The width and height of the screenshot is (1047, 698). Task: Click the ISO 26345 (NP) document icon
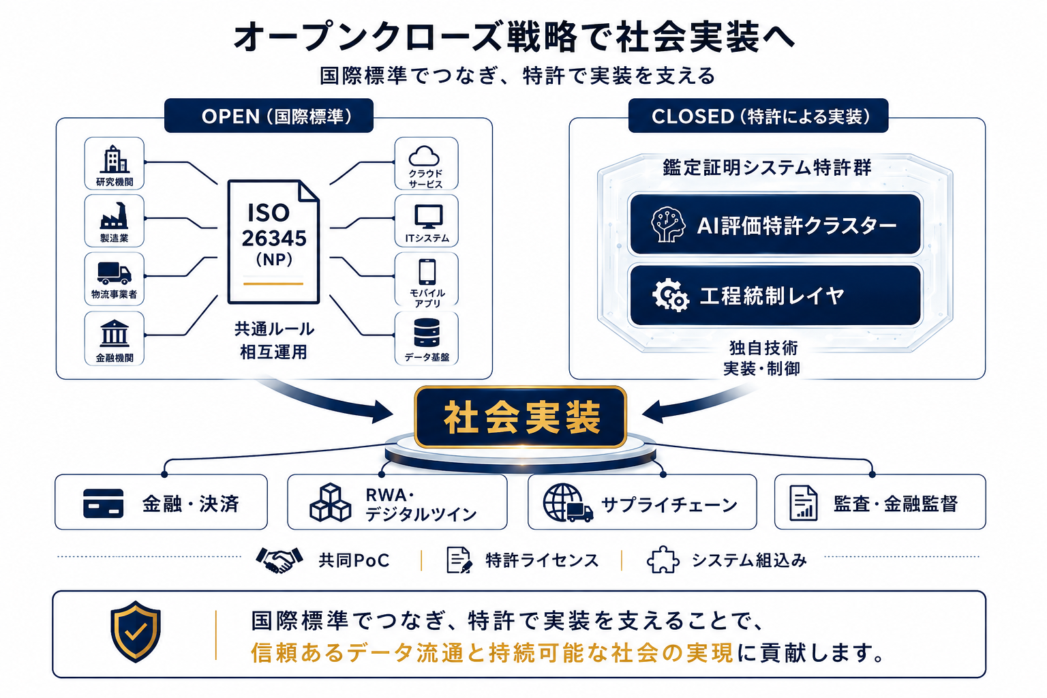pyautogui.click(x=273, y=242)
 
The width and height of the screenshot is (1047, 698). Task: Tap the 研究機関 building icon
pyautogui.click(x=114, y=159)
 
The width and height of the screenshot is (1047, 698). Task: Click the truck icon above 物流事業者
pyautogui.click(x=114, y=273)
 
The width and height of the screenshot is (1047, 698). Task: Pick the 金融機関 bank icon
pyautogui.click(x=114, y=333)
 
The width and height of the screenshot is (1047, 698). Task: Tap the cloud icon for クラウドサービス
pyautogui.click(x=424, y=156)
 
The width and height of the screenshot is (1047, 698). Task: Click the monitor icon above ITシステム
pyautogui.click(x=428, y=217)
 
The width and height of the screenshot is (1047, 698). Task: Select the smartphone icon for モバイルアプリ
pyautogui.click(x=427, y=271)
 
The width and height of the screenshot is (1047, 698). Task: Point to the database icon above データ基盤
pyautogui.click(x=427, y=333)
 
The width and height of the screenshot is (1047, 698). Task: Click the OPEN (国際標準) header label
pyautogui.click(x=269, y=115)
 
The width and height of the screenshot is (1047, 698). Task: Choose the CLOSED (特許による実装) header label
pyautogui.click(x=758, y=115)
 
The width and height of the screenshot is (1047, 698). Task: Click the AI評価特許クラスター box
pyautogui.click(x=776, y=224)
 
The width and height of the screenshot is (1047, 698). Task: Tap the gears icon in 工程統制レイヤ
pyautogui.click(x=670, y=295)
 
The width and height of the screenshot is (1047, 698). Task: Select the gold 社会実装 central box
pyautogui.click(x=520, y=416)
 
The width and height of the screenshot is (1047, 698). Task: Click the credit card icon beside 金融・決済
pyautogui.click(x=104, y=504)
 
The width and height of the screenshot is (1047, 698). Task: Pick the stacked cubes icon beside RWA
pyautogui.click(x=331, y=502)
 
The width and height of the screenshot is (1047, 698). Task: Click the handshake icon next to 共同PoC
pyautogui.click(x=279, y=560)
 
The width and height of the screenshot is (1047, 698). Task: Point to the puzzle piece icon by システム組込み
pyautogui.click(x=663, y=560)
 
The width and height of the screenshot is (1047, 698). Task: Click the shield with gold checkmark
pyautogui.click(x=136, y=632)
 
